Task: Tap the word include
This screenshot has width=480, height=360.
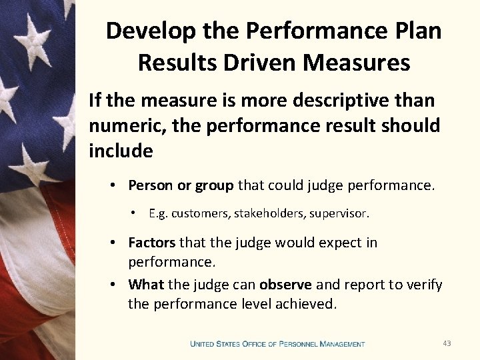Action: click(x=121, y=151)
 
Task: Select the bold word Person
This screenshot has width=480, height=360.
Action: click(x=150, y=185)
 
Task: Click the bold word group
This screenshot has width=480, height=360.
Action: click(x=211, y=185)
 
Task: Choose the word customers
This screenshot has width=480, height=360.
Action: click(x=198, y=214)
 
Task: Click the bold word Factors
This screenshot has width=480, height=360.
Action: click(x=151, y=243)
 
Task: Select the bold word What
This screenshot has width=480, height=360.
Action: click(x=146, y=285)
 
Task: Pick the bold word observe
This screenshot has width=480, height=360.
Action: click(x=285, y=285)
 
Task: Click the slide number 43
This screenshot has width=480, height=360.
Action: click(x=447, y=343)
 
